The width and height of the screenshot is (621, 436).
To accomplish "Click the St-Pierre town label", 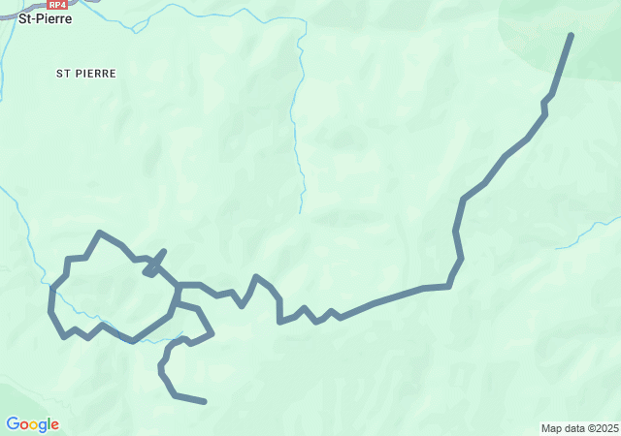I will point(45,17).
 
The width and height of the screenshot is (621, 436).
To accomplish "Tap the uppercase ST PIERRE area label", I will point(86,73).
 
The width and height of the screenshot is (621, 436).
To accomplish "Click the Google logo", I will point(32,424).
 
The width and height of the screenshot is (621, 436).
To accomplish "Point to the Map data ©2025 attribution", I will point(579,428).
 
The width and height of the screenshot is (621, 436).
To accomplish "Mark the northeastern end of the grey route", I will point(571,35).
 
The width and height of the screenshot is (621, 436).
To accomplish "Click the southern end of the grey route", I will point(205,401).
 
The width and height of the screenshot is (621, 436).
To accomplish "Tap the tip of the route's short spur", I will point(164,251).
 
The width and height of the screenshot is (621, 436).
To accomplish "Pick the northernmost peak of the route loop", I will point(100,233).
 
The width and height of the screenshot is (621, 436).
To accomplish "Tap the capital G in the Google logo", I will point(13,424).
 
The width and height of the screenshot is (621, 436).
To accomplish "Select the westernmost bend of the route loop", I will point(51,310).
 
